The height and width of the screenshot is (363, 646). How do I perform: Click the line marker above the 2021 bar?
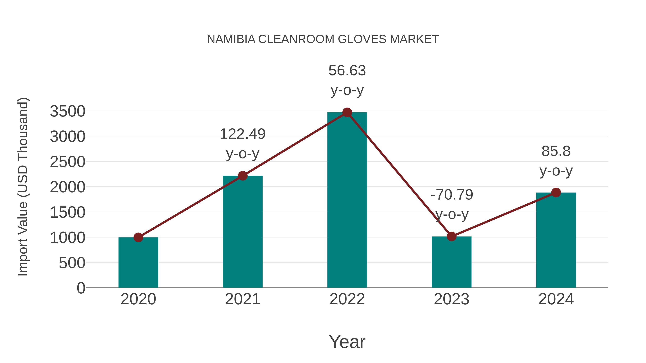tap(242, 176)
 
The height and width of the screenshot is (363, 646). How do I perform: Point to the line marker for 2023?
tap(451, 236)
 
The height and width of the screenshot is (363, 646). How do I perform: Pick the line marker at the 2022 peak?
tap(347, 112)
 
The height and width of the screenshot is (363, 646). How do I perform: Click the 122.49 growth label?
tap(242, 134)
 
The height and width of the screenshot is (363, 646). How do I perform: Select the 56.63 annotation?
tap(347, 71)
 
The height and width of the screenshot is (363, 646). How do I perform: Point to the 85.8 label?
tap(556, 151)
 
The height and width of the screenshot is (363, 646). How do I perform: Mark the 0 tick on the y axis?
tap(81, 288)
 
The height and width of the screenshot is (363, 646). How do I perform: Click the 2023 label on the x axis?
tap(451, 299)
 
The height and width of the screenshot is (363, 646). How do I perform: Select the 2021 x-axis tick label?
tap(242, 299)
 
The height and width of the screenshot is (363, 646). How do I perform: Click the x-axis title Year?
tap(347, 342)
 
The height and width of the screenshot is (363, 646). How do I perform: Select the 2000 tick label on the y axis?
tap(68, 187)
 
